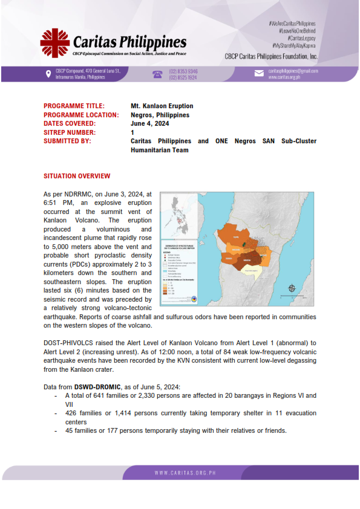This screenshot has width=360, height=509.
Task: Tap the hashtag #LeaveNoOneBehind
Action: tap(296, 30)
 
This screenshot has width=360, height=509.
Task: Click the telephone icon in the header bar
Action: tap(157, 74)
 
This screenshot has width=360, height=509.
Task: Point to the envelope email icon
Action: tap(258, 74)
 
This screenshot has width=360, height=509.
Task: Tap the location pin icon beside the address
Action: tap(48, 74)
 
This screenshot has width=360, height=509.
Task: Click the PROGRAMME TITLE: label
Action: tap(74, 106)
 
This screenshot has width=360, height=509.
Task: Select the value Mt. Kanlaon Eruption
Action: tap(162, 106)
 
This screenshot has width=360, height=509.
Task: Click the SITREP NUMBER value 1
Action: tap(133, 132)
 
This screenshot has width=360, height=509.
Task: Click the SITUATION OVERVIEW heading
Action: tap(77, 176)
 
